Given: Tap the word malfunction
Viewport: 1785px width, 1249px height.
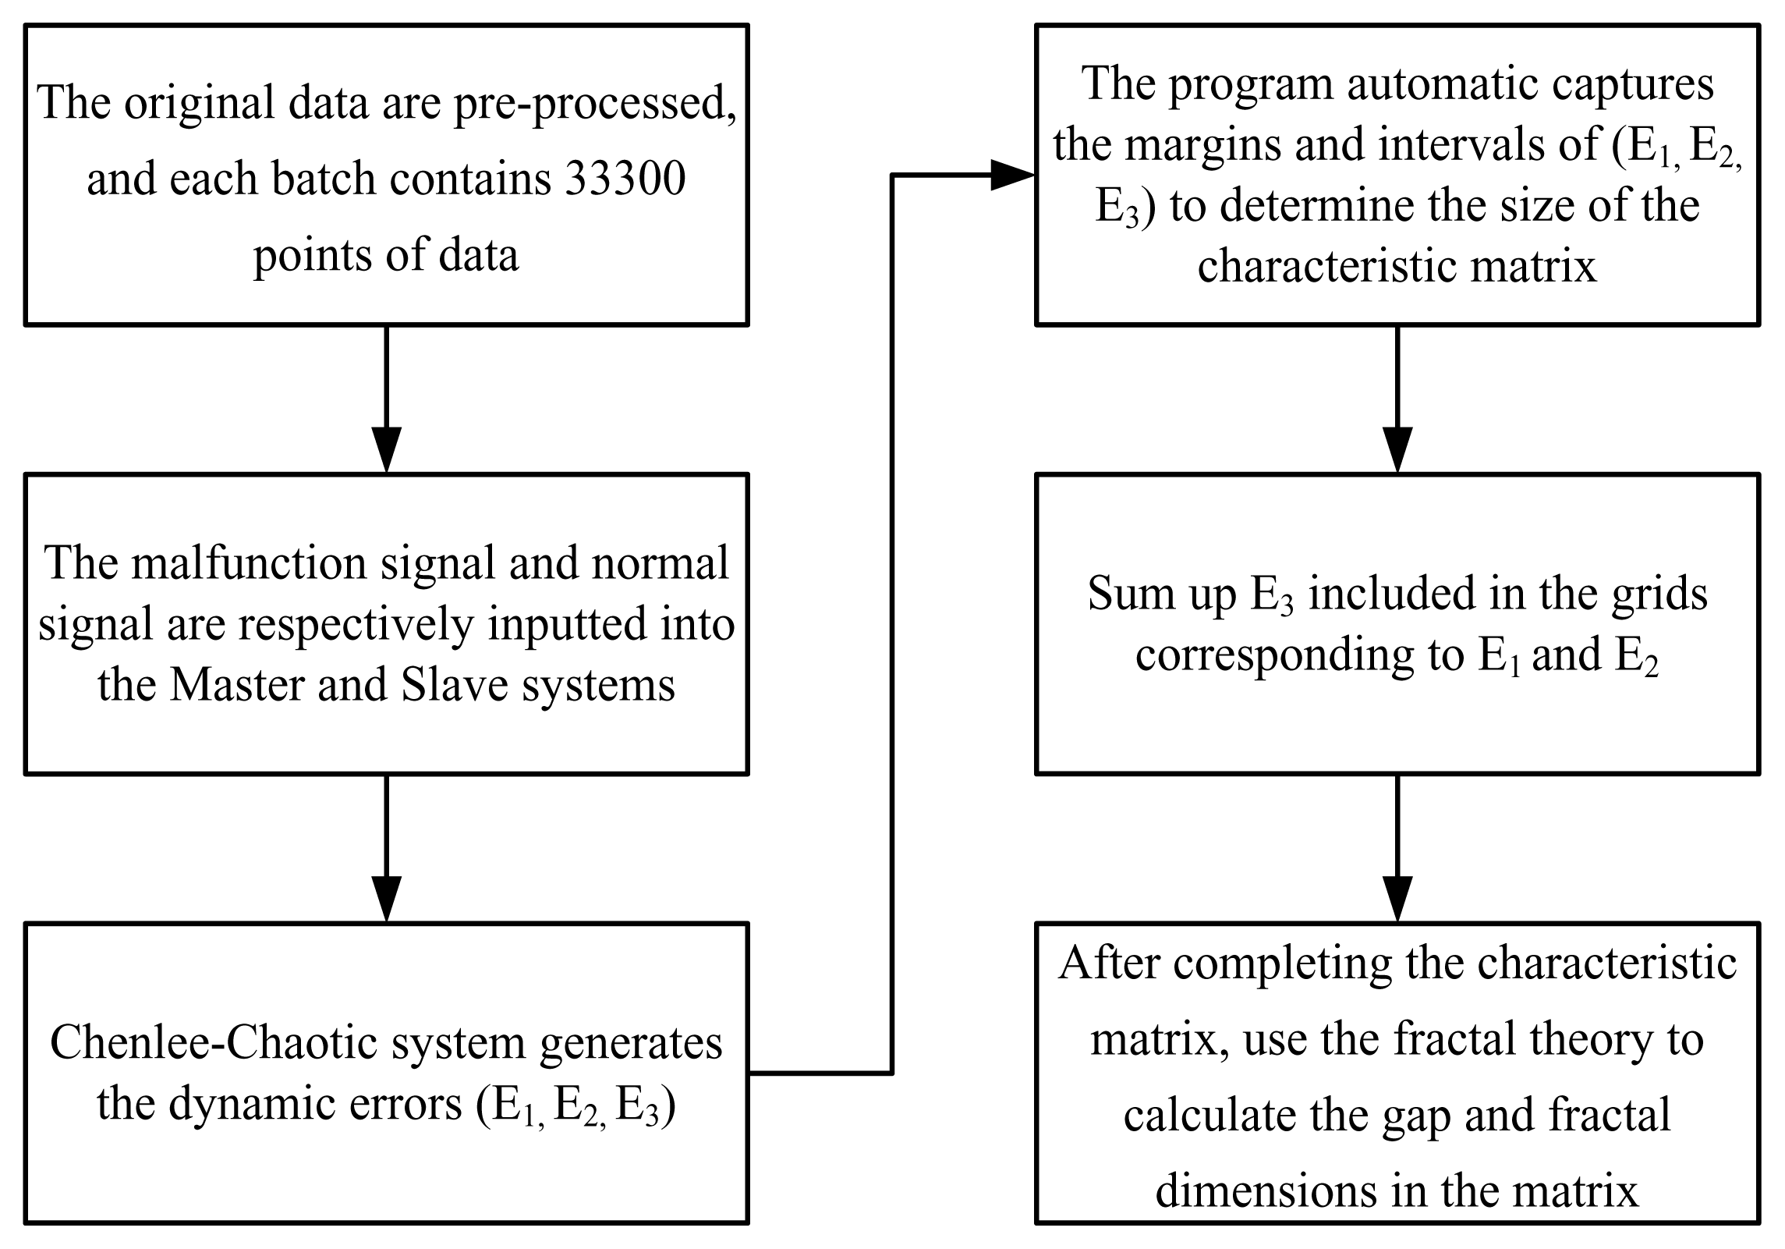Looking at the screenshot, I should point(250,563).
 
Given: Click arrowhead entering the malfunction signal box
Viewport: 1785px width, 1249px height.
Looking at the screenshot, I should point(386,451).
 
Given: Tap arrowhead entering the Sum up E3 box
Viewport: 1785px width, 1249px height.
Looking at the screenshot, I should point(1397,451).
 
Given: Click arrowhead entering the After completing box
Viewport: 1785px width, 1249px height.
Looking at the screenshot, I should point(1397,900).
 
